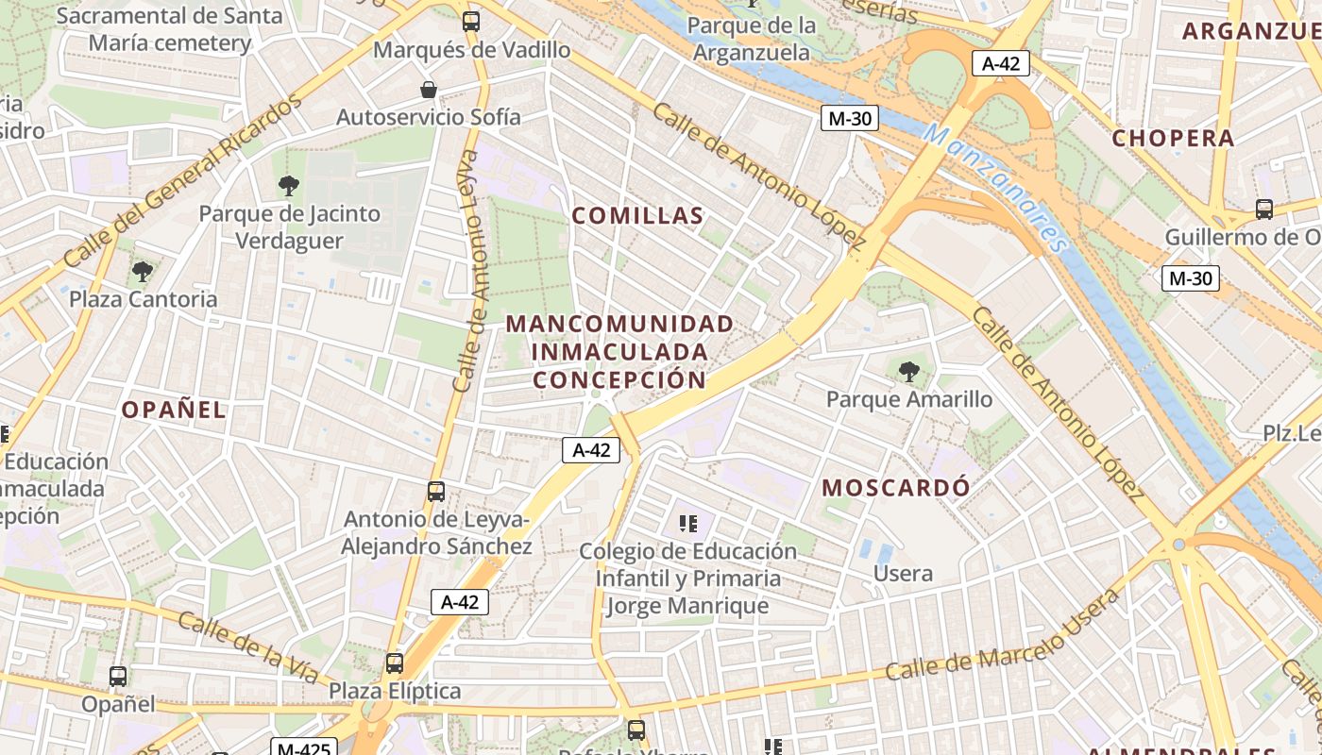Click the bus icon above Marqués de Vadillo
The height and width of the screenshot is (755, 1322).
(x=470, y=22)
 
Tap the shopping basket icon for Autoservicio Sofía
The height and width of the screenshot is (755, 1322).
(x=429, y=90)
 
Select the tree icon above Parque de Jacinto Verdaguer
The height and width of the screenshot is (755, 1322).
(x=289, y=186)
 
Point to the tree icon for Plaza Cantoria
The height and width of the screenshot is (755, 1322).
(x=143, y=272)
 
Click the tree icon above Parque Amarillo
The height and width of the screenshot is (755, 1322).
(x=909, y=372)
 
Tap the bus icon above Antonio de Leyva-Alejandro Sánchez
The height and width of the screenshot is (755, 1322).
(x=435, y=492)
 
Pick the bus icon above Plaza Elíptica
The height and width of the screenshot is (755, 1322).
(x=395, y=663)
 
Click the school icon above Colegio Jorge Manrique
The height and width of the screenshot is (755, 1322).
(x=688, y=523)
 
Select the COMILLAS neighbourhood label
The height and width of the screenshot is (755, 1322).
(x=637, y=216)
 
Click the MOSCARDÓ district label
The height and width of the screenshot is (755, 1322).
(x=895, y=488)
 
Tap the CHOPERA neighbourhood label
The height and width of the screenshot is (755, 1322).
(x=1173, y=138)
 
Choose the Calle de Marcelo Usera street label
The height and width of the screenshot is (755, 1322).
(x=1003, y=634)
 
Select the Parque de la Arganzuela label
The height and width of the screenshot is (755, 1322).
(x=753, y=39)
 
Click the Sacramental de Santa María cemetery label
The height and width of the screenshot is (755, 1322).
(x=170, y=29)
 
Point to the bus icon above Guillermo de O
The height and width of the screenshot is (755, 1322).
(x=1263, y=210)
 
